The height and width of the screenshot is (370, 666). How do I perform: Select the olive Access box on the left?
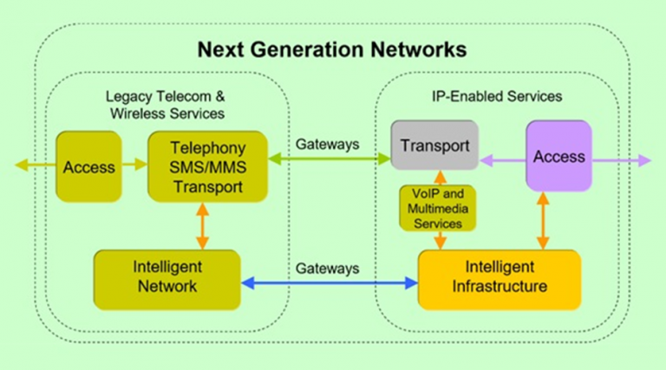coord(88,166)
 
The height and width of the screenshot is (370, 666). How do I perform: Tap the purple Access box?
coord(558,157)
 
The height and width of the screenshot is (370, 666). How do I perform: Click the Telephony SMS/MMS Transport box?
coord(200,166)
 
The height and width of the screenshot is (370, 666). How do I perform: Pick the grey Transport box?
coord(433,145)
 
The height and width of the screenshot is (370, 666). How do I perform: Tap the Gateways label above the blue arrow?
coord(325,268)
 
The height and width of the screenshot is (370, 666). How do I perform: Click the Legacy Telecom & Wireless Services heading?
coord(166,105)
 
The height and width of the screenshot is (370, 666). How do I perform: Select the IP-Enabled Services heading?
coord(497,97)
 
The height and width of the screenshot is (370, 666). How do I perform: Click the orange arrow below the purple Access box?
coord(544,220)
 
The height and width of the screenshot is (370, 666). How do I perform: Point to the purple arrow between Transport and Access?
coord(502,159)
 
